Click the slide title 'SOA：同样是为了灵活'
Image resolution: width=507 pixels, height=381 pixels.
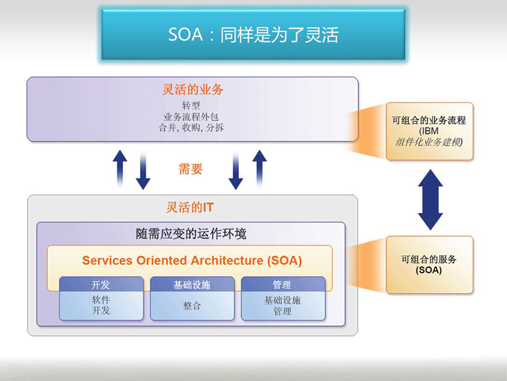click(253, 34)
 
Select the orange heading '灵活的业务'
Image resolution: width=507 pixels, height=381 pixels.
click(193, 90)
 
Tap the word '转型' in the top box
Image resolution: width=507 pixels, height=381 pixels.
click(191, 106)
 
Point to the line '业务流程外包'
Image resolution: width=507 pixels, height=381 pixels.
click(191, 117)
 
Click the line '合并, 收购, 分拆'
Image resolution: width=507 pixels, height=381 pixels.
click(191, 128)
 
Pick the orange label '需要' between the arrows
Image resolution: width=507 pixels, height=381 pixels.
click(190, 169)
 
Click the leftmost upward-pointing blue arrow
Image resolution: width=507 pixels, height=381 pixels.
click(120, 168)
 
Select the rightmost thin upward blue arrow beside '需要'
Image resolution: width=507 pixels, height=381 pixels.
click(259, 168)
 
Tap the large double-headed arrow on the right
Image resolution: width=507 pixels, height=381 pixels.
click(430, 200)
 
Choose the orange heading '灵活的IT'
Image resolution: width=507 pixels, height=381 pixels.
click(190, 207)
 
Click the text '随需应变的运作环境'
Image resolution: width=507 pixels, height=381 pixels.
click(191, 234)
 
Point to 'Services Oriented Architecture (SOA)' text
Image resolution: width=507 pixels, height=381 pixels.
click(192, 260)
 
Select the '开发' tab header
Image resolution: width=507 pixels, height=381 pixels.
click(101, 284)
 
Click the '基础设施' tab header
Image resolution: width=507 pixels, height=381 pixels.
click(192, 284)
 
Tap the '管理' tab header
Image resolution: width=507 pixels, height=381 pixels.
click(283, 284)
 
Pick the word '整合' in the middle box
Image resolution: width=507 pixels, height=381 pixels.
click(192, 305)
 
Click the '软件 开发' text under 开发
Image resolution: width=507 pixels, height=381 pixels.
click(101, 305)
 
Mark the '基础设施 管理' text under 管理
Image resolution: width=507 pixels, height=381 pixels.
click(282, 305)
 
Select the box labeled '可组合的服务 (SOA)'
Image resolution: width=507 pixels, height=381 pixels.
click(429, 265)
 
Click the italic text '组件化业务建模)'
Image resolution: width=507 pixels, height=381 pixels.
click(429, 142)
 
